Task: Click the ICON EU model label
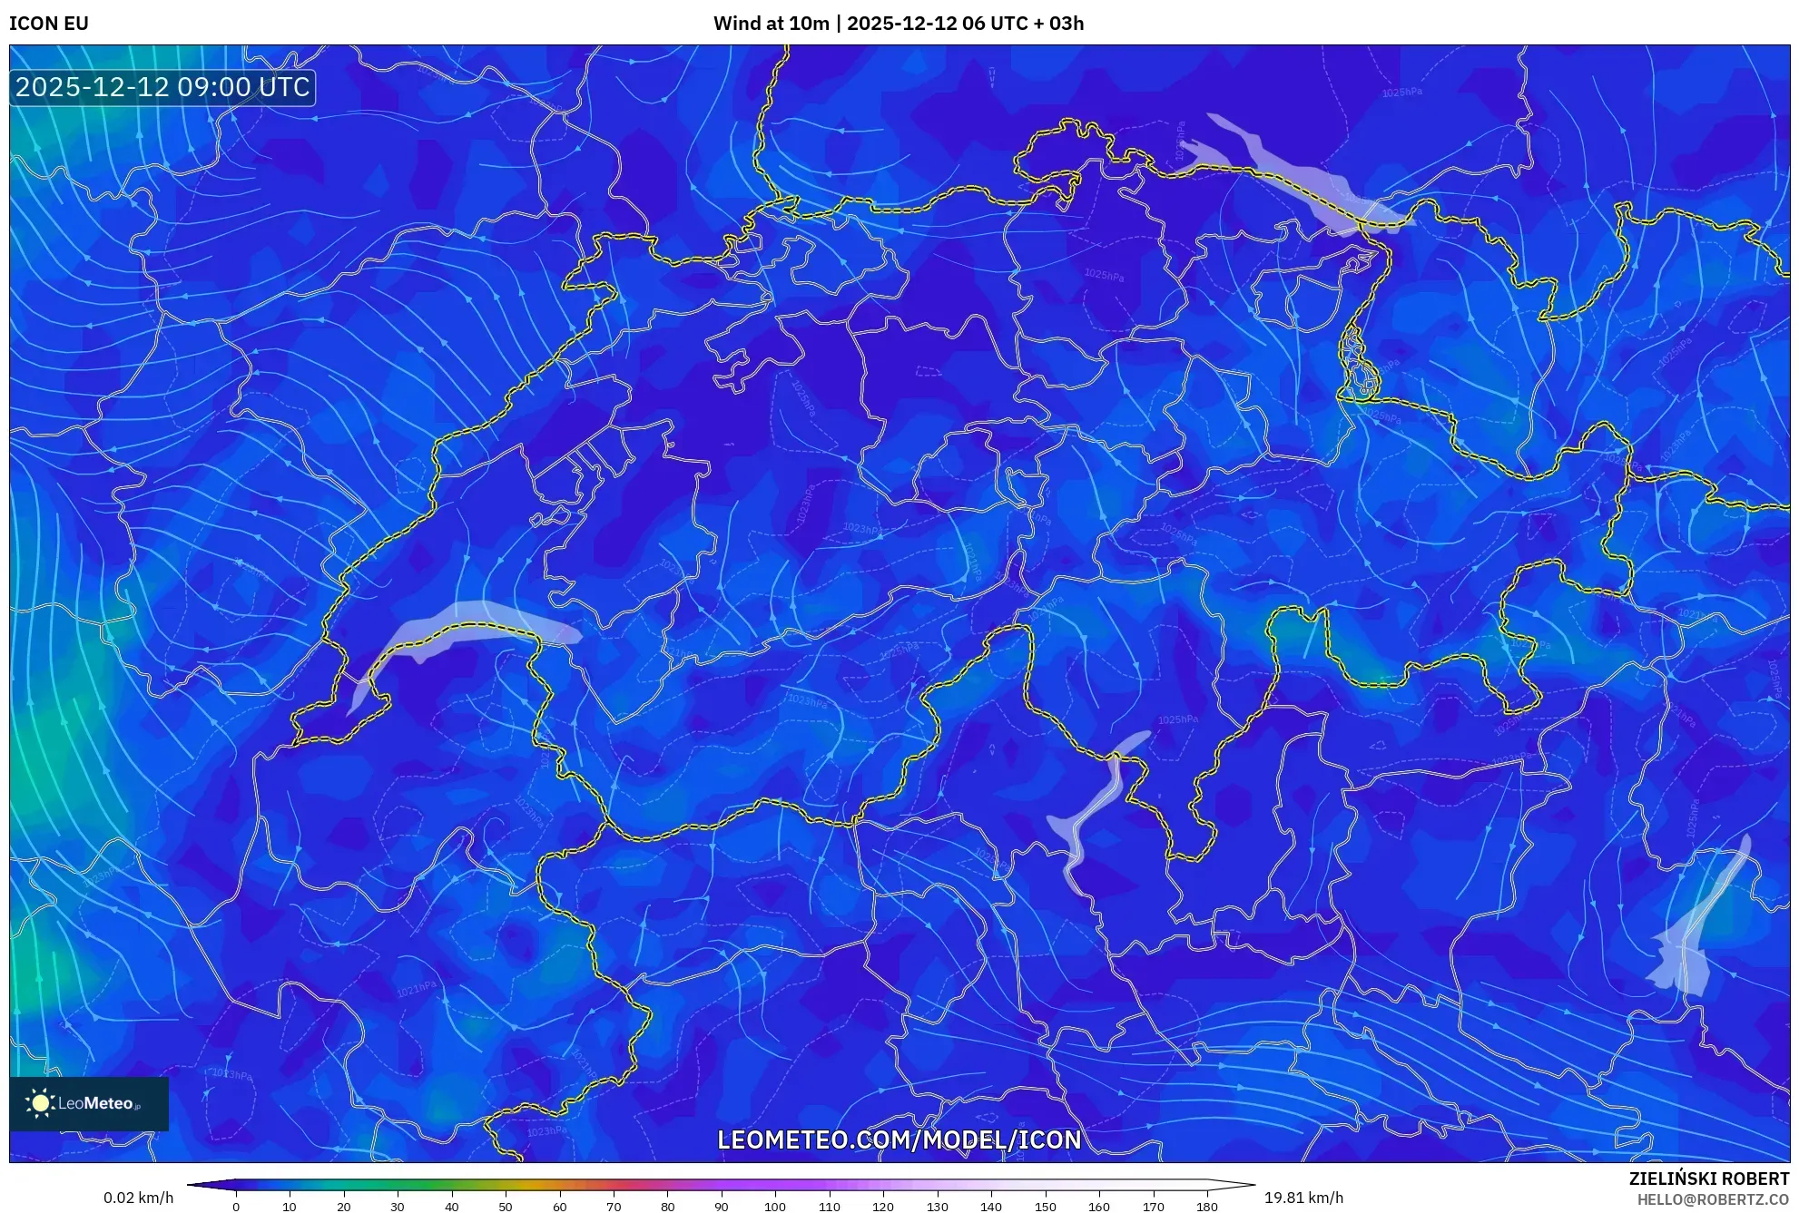tap(49, 24)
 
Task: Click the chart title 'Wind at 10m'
tap(771, 24)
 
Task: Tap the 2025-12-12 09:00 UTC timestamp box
tap(162, 87)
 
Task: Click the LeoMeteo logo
tap(89, 1103)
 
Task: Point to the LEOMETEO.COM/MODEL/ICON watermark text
tap(899, 1140)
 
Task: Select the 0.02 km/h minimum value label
tap(138, 1198)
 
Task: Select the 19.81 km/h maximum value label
tap(1303, 1198)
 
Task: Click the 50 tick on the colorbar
tap(506, 1206)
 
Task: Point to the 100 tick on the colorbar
tap(775, 1206)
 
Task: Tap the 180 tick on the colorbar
tap(1206, 1206)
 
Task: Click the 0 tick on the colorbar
tap(236, 1206)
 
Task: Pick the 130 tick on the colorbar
tap(937, 1206)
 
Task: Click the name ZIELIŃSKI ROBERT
tap(1709, 1179)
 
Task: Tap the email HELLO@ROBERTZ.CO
tap(1713, 1199)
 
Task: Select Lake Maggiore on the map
tap(1094, 807)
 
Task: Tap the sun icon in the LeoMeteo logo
tap(40, 1103)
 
